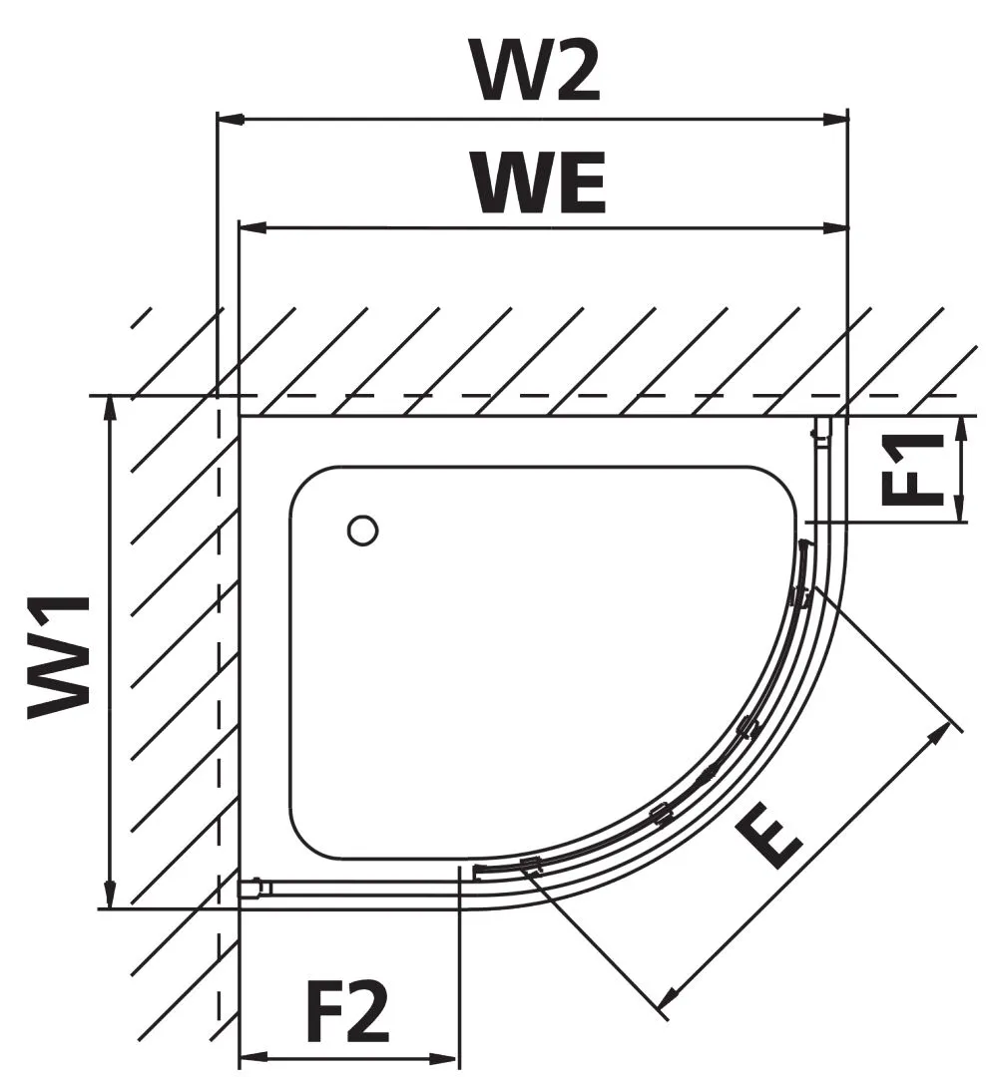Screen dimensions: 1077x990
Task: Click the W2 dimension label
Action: tap(538, 71)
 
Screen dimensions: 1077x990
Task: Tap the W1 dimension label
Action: tap(61, 655)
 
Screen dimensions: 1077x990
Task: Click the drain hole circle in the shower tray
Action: tap(362, 531)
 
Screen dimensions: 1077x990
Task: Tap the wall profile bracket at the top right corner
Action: tap(821, 431)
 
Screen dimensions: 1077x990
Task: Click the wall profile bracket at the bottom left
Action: tap(253, 887)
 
